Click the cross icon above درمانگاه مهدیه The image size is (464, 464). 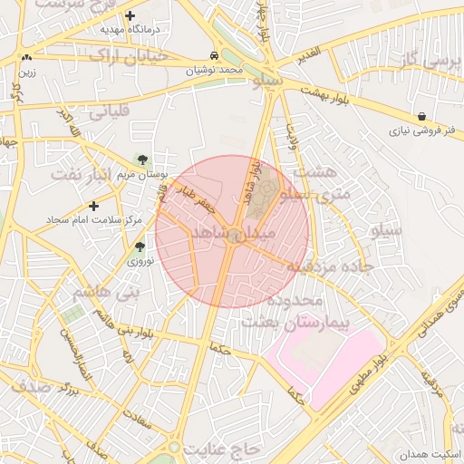131,16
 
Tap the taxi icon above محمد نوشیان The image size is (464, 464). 213,55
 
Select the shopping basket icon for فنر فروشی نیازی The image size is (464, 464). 422,117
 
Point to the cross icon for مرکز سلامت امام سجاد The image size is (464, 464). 93,206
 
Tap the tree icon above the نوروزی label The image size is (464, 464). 140,246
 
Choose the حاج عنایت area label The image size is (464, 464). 222,449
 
